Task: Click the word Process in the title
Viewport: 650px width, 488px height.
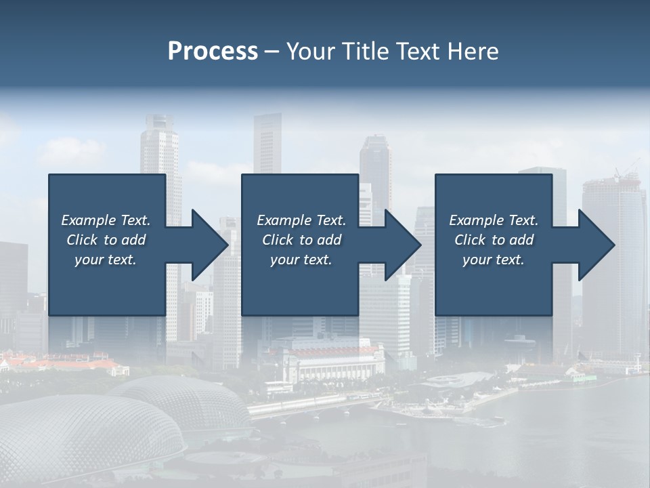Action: (x=213, y=52)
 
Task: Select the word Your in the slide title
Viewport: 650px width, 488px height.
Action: (x=309, y=52)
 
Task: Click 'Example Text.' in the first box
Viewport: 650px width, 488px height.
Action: (x=106, y=220)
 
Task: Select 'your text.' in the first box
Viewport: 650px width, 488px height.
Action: (x=106, y=260)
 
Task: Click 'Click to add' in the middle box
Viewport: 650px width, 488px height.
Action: (x=301, y=240)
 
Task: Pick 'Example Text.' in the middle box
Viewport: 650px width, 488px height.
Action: (x=301, y=220)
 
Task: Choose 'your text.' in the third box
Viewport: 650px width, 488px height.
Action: (x=494, y=260)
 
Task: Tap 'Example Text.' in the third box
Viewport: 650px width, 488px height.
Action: (x=494, y=220)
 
